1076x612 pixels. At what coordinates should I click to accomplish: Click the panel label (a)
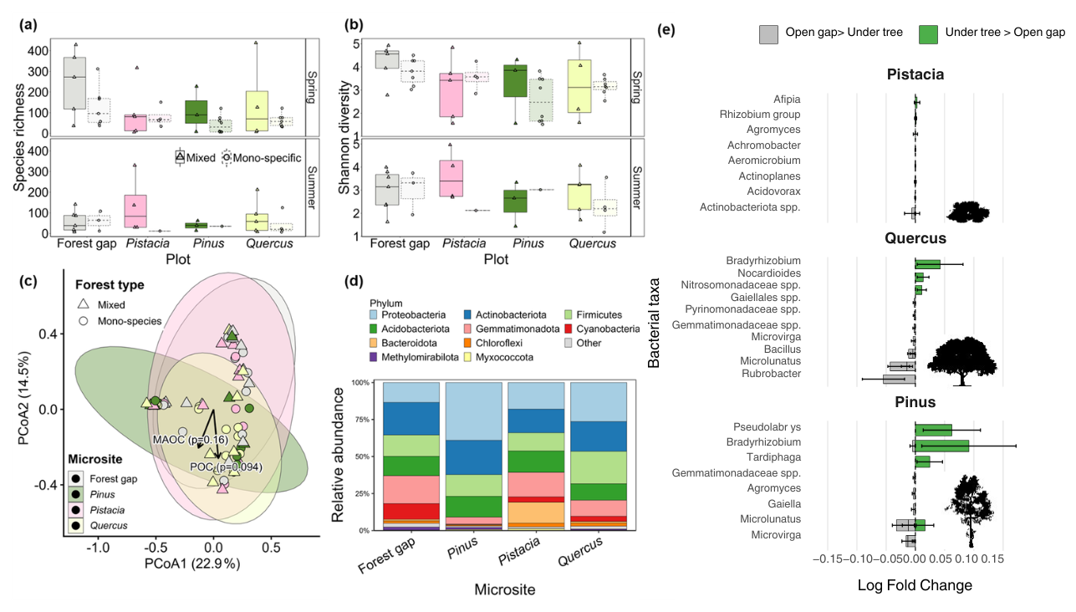pos(28,25)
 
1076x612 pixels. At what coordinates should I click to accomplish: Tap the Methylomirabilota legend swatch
pos(374,357)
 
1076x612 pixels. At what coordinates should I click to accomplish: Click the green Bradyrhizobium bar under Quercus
pos(927,264)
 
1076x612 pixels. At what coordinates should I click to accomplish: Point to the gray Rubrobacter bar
pos(900,379)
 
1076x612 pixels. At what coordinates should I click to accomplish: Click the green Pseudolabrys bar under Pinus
pos(933,430)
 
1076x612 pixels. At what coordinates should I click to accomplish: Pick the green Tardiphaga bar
pos(922,462)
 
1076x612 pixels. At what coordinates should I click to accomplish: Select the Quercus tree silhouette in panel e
pos(961,361)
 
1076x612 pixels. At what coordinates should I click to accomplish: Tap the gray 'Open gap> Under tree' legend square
pos(768,34)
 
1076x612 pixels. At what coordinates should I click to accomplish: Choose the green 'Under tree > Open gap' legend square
pos(928,34)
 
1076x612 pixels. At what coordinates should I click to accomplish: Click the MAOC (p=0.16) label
pos(190,440)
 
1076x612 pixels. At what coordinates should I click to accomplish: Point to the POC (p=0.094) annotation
pos(227,467)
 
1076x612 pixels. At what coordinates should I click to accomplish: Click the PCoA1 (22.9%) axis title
pos(192,564)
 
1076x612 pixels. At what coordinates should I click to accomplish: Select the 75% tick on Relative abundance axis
pos(360,420)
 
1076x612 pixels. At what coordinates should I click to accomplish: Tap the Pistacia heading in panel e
pos(915,74)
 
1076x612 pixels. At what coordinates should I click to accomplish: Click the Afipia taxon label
pos(787,99)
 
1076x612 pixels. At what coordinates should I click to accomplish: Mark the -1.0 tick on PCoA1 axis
pos(98,547)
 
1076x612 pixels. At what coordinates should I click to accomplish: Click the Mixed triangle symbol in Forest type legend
pos(84,303)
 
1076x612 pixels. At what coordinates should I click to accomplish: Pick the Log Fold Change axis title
pos(915,585)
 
